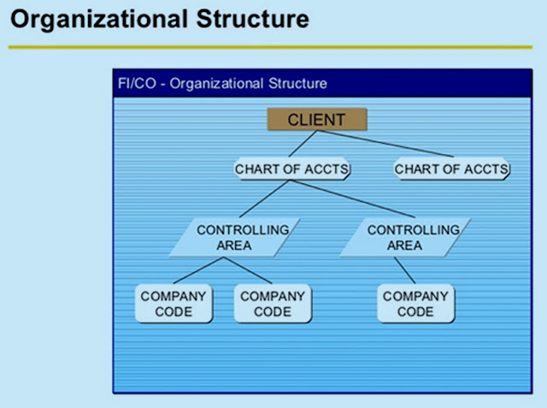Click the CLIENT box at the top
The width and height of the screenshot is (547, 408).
point(316,119)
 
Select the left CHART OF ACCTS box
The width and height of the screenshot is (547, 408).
point(292,169)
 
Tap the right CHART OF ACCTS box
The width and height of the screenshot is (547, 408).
point(451,169)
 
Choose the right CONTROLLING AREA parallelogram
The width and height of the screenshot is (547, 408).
point(404,237)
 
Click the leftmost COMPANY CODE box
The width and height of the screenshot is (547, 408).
point(173,304)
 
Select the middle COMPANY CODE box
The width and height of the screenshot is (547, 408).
point(272,304)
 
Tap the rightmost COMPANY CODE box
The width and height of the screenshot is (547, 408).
point(415,304)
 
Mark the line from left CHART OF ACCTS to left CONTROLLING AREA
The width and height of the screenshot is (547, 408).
point(262,198)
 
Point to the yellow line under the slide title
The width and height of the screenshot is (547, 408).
point(273,47)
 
